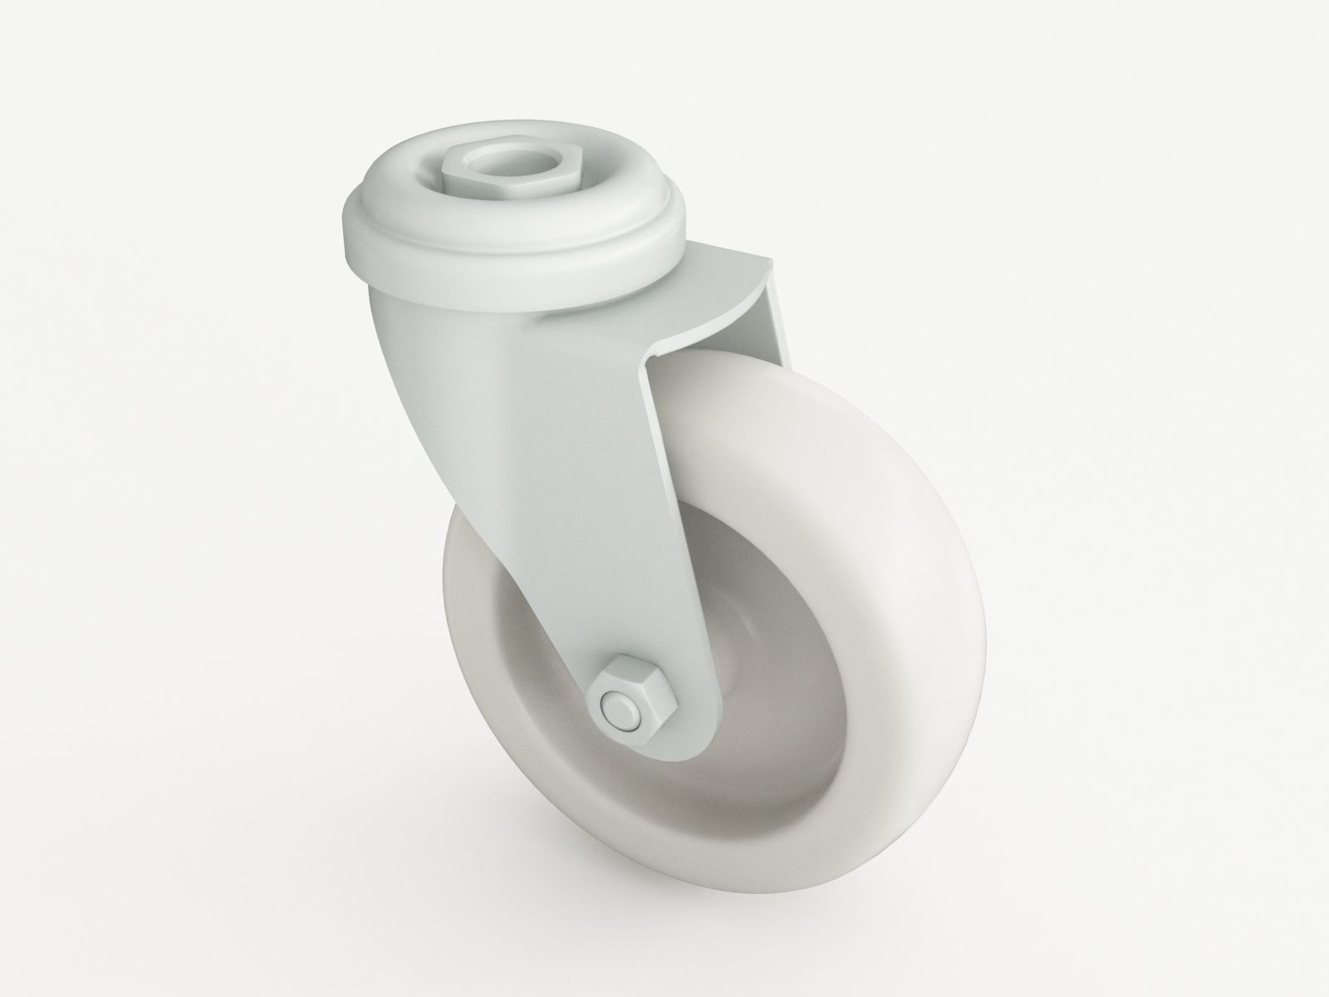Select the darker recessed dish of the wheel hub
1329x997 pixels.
[781, 665]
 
